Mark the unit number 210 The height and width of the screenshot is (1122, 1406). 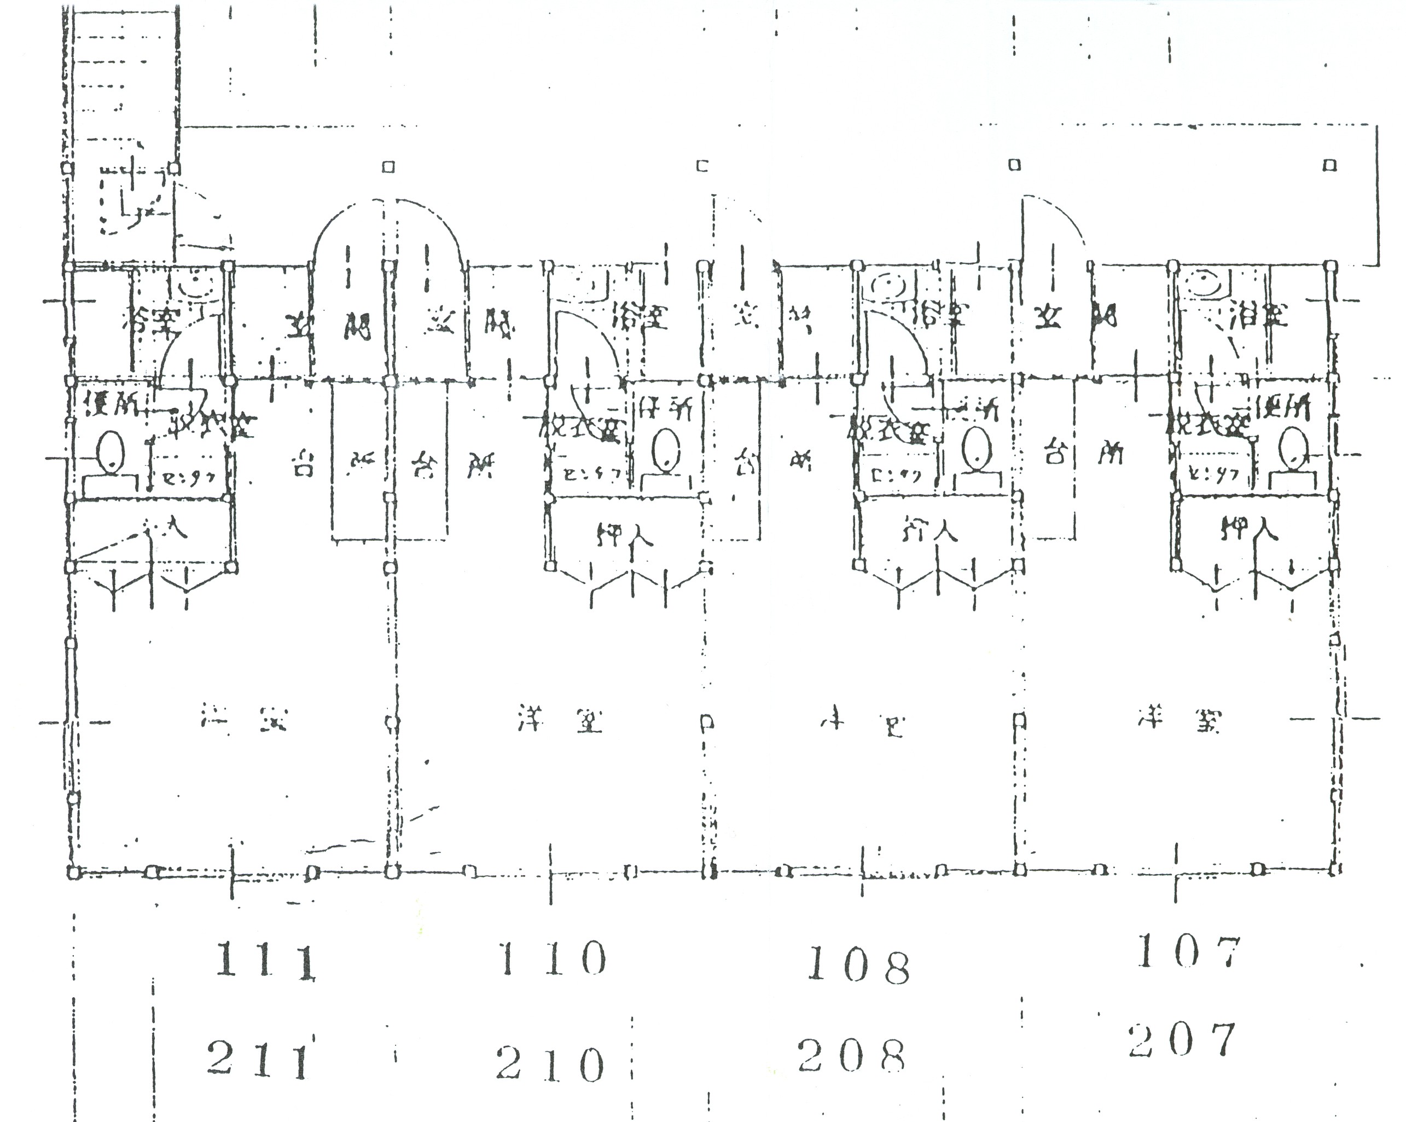[549, 1065]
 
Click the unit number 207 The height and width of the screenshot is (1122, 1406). [1182, 1041]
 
